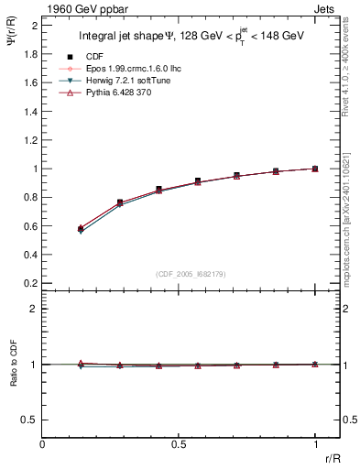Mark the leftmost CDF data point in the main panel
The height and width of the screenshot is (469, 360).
(81, 228)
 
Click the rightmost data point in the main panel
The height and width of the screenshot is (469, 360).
(315, 169)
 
